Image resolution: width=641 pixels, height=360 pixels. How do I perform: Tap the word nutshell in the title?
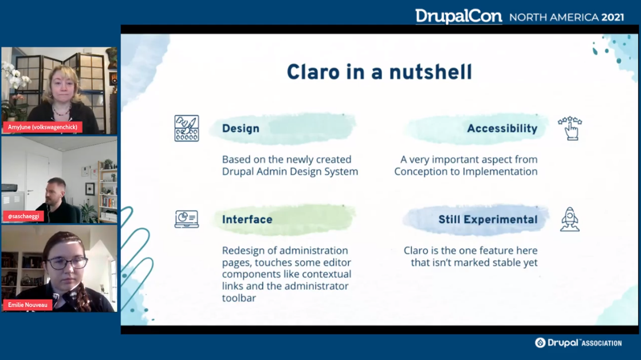click(x=430, y=72)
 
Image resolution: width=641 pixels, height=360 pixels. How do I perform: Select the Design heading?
click(x=241, y=128)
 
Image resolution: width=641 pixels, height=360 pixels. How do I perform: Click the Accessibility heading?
click(x=502, y=128)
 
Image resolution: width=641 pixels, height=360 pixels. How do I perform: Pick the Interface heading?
click(x=247, y=220)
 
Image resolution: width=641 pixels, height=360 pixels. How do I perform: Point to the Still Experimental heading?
click(x=487, y=220)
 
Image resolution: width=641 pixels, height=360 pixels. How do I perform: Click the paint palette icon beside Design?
click(x=187, y=128)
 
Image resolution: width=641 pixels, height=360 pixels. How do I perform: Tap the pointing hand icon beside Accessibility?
click(x=570, y=128)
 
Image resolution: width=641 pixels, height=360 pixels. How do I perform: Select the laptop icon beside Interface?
click(x=187, y=219)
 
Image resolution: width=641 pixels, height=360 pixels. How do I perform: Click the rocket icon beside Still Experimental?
click(x=570, y=220)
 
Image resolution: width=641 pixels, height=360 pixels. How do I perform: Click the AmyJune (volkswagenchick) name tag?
click(x=42, y=127)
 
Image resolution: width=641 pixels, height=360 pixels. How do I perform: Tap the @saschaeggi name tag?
click(x=23, y=216)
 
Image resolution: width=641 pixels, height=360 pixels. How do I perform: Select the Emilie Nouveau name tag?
click(x=28, y=305)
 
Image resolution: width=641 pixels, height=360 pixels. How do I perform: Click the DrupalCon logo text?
click(x=459, y=17)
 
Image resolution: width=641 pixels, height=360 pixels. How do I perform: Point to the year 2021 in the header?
click(x=612, y=17)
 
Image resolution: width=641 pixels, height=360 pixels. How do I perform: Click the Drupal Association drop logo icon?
click(x=540, y=343)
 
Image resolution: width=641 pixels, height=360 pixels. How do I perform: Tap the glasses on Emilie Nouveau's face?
click(x=68, y=263)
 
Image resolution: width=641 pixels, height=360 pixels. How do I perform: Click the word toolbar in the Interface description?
click(x=239, y=298)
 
